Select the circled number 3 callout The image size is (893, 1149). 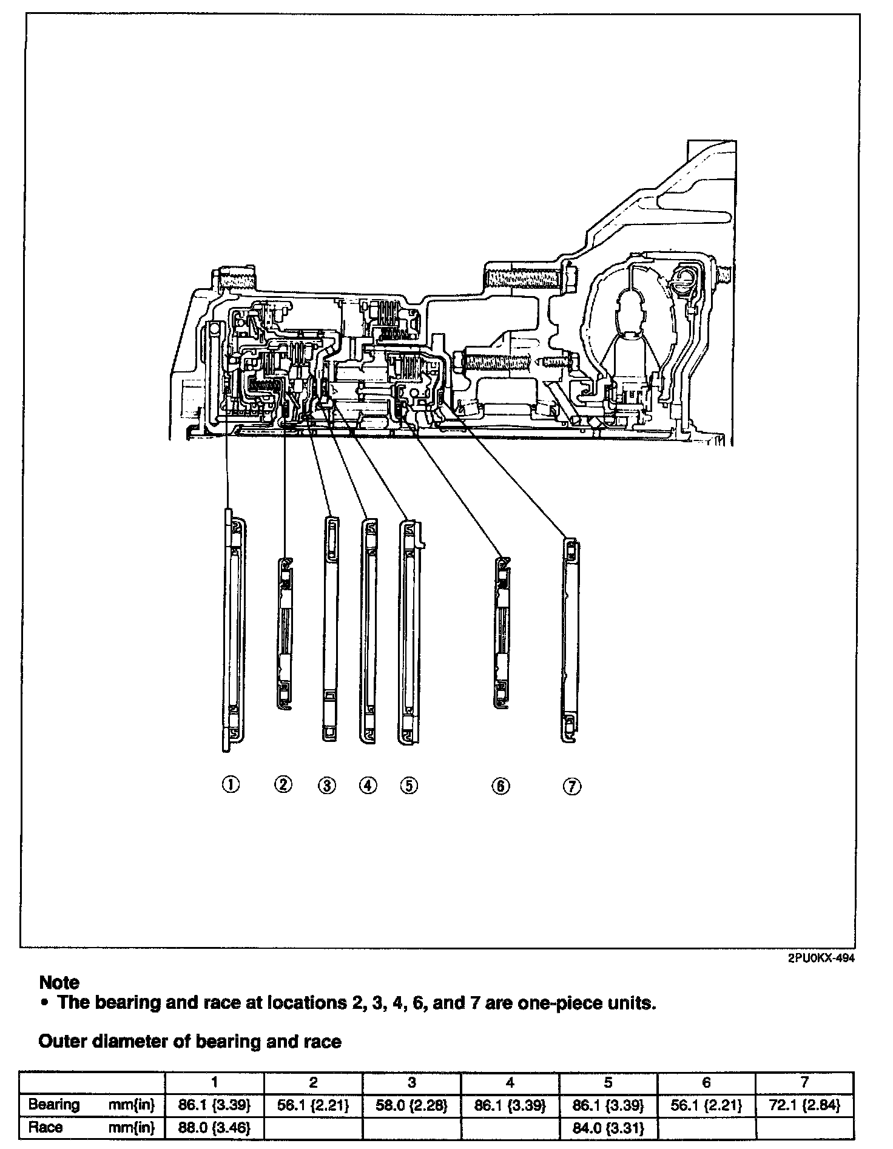326,786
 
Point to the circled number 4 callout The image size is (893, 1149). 368,786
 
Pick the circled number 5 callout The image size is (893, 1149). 409,786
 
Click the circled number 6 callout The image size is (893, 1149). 500,786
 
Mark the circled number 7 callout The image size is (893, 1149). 572,787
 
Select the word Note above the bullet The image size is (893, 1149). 59,982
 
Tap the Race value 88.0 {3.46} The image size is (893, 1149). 214,1128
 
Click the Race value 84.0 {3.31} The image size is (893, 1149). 608,1128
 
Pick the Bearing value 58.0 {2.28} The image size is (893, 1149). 411,1105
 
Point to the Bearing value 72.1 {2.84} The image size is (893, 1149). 804,1105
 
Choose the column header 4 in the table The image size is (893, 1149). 510,1082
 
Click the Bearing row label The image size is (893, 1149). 54,1105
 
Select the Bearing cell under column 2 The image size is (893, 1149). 313,1105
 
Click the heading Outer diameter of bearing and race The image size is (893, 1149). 189,1042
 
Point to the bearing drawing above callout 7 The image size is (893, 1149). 570,640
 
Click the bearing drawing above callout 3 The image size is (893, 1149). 329,628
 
